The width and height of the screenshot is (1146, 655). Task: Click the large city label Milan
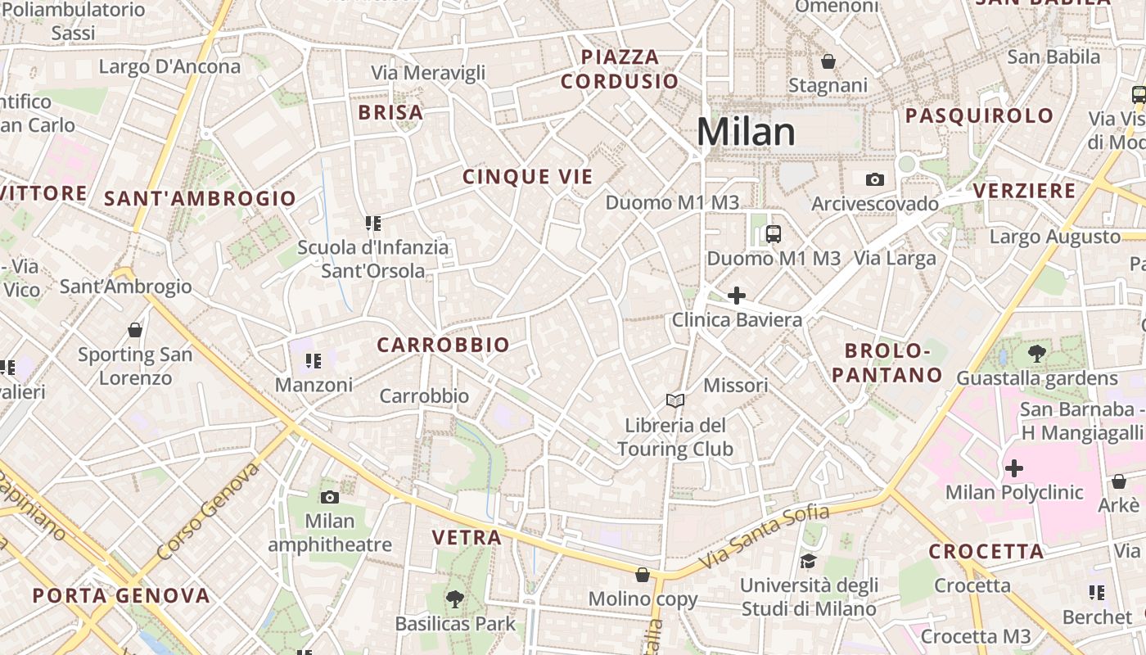[x=746, y=132]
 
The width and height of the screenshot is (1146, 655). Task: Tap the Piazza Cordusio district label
[x=620, y=69]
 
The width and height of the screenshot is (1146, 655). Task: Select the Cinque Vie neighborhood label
[x=527, y=177]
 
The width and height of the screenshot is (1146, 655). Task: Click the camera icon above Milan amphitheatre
[x=330, y=497]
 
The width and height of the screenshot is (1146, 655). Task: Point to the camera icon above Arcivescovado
[x=874, y=179]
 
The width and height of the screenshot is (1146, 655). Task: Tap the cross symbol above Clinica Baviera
[x=737, y=296]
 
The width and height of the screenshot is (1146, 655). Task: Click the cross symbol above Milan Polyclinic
[x=1013, y=468]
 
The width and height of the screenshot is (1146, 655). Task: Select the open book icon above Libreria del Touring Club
[x=675, y=400]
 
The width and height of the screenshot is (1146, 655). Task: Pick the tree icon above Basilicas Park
[x=455, y=599]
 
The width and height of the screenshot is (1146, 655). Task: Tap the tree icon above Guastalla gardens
[x=1037, y=354]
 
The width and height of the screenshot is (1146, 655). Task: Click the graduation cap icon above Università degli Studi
[x=809, y=561]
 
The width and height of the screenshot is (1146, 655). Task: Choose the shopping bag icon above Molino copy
[x=643, y=575]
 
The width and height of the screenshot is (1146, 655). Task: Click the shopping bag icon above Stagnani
[x=828, y=61]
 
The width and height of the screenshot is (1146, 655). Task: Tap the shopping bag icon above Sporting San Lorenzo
[x=135, y=330]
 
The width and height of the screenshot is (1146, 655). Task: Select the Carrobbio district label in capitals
[x=443, y=346]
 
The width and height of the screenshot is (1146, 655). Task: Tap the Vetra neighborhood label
[x=466, y=538]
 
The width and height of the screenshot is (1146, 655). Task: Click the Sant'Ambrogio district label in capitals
[x=200, y=198]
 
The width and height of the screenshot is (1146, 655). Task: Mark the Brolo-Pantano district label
[x=893, y=364]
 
